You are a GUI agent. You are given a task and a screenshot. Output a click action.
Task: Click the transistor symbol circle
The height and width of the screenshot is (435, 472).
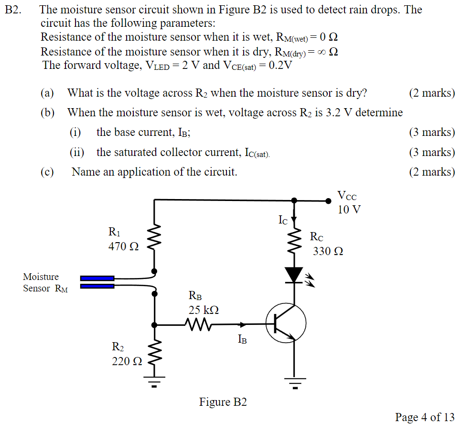point(286,323)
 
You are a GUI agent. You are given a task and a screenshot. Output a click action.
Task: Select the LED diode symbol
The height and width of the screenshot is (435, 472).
point(294,275)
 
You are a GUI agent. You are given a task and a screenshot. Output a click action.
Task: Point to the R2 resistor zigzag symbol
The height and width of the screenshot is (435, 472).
point(154,354)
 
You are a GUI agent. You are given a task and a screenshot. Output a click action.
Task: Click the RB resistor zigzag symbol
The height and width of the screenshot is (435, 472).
point(197,325)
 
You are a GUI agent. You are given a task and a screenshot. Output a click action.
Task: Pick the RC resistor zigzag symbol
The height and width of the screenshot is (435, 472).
point(294,242)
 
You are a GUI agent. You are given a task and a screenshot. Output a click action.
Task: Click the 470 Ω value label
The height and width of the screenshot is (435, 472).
point(124,246)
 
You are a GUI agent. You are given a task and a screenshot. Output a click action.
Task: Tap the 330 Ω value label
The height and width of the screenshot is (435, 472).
point(328,251)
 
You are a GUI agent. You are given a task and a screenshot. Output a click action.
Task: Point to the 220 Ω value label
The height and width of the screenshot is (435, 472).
point(127,361)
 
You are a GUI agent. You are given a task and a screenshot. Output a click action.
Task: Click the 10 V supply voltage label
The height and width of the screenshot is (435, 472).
point(349,210)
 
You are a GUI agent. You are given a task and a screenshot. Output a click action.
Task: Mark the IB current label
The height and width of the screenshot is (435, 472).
point(242,340)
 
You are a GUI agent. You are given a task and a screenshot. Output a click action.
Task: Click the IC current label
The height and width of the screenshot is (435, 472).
point(283,220)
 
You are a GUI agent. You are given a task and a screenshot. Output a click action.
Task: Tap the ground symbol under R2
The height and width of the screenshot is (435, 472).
point(154,381)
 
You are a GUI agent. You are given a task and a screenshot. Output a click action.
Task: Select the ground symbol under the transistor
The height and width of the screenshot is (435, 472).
point(294,382)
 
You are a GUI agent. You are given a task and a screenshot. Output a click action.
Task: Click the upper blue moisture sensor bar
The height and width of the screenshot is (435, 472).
point(97,278)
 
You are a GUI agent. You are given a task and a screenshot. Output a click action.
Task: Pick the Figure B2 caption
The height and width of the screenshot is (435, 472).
point(223,402)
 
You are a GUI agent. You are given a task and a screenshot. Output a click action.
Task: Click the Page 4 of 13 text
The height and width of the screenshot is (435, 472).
point(425,417)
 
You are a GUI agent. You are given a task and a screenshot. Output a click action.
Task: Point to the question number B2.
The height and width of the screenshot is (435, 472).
point(14,10)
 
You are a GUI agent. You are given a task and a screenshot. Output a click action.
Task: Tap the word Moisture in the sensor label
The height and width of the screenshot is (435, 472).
point(41,277)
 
